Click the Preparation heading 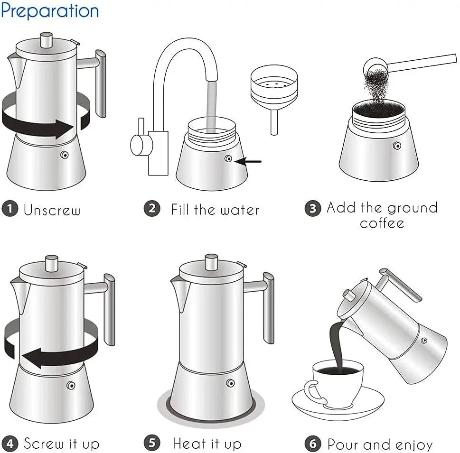(50, 10)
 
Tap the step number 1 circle (9, 209)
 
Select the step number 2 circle (152, 208)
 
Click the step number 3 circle (312, 208)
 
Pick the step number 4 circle (9, 444)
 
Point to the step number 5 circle (152, 444)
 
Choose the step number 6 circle (312, 444)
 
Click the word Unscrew (52, 210)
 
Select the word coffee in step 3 (382, 223)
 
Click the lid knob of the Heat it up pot (212, 261)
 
